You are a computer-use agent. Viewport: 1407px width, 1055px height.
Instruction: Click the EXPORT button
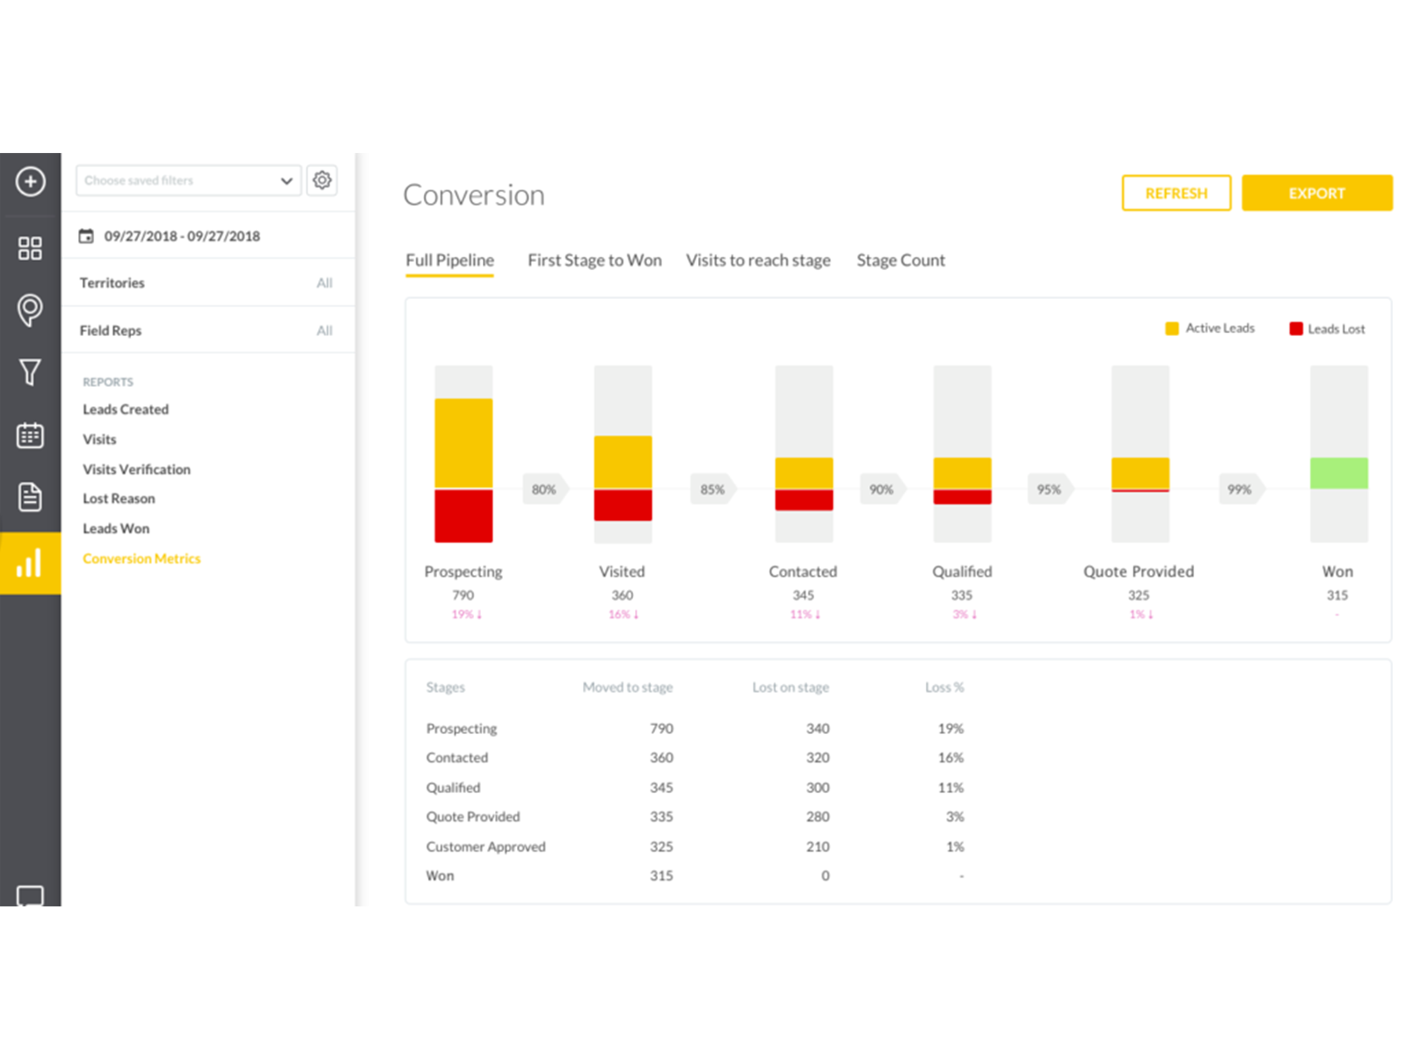coord(1316,193)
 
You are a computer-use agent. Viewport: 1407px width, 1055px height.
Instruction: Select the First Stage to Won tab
coord(594,260)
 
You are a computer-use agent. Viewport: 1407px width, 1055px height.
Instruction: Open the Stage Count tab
coord(900,260)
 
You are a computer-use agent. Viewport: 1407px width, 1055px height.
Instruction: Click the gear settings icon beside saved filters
coord(322,180)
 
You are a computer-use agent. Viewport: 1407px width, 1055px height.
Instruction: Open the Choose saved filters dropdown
coord(188,180)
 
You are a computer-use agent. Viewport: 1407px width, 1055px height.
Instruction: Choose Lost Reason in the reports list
coord(119,498)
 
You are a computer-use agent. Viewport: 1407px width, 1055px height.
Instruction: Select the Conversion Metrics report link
coord(142,558)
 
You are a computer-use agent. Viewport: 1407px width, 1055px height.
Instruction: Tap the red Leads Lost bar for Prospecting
coord(463,516)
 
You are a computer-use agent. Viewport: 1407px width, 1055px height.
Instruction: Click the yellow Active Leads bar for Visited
coord(623,462)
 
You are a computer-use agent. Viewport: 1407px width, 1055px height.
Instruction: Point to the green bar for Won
coord(1338,473)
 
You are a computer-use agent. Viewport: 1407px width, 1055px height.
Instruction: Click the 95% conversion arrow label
coord(1049,490)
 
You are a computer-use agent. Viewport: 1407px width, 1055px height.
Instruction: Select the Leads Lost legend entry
coord(1327,329)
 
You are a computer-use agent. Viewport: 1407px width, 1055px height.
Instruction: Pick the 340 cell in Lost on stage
coord(818,729)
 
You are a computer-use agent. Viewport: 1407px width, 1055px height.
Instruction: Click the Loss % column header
coord(944,688)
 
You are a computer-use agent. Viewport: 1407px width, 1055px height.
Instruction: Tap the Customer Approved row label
coord(485,847)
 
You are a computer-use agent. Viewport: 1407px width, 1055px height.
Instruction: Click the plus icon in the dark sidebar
coord(31,182)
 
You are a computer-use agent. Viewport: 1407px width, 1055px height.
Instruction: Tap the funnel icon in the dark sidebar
coord(31,372)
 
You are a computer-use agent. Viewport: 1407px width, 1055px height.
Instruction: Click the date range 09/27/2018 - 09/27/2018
coord(181,236)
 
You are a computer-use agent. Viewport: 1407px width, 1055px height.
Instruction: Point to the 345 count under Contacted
coord(803,595)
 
